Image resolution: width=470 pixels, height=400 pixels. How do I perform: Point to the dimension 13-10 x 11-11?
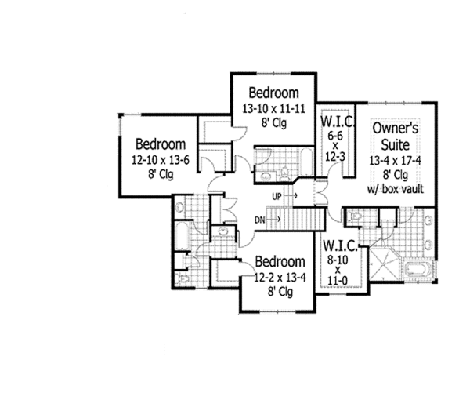273,109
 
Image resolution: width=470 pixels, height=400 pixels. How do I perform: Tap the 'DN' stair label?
259,220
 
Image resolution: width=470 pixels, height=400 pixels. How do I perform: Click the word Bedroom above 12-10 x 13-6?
160,145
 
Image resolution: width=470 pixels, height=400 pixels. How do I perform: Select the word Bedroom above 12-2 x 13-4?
280,260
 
